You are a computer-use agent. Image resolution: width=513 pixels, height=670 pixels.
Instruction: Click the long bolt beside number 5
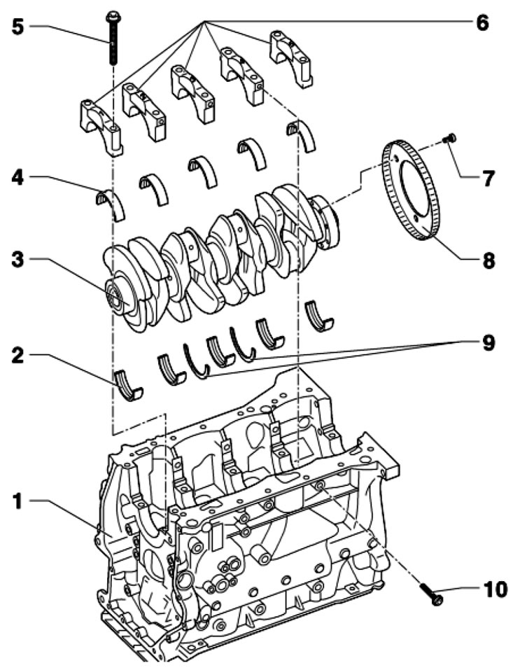point(113,39)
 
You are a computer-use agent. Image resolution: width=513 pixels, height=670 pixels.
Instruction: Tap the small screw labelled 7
point(450,138)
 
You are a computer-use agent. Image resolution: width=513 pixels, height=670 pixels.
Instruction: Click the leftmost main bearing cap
point(101,127)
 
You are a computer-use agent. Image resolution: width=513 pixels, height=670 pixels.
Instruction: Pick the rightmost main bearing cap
point(290,57)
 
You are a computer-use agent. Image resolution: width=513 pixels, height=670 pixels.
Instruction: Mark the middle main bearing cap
point(193,93)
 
